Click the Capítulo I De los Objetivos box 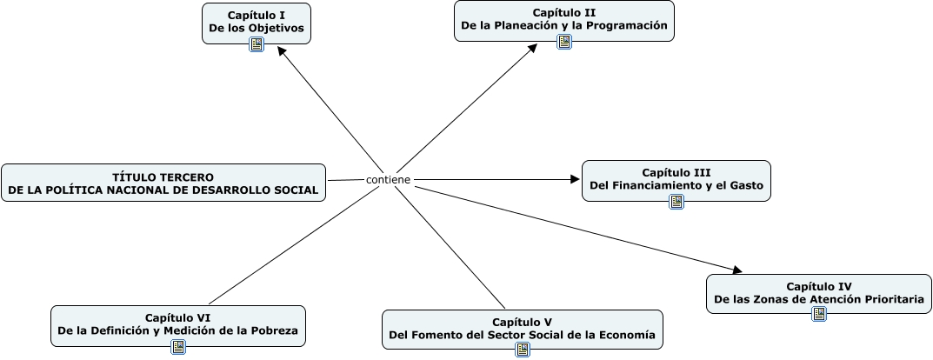(256, 22)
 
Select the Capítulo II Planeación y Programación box (563, 19)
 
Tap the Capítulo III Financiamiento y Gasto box (676, 179)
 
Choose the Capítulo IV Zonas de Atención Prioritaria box (818, 293)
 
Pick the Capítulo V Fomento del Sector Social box (522, 328)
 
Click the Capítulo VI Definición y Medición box (177, 324)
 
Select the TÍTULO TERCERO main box (163, 183)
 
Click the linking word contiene (388, 180)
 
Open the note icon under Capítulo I (256, 44)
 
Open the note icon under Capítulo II (563, 42)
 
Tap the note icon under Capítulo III (676, 202)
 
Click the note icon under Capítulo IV (818, 314)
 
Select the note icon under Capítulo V (522, 350)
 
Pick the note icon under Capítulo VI (177, 347)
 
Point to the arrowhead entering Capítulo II (534, 49)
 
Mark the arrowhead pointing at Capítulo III (575, 179)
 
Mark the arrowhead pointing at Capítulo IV (736, 270)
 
